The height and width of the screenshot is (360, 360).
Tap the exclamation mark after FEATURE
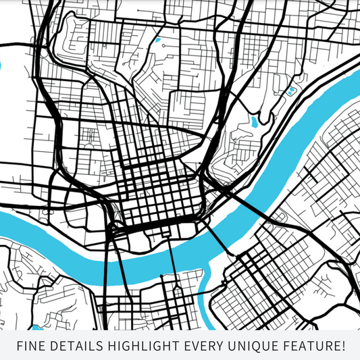pyautogui.click(x=342, y=346)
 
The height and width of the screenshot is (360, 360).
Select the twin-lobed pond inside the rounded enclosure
pyautogui.click(x=292, y=89)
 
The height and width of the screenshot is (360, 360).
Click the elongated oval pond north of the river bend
pyautogui.click(x=254, y=122)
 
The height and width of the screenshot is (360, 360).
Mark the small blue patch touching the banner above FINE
pyautogui.click(x=37, y=328)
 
